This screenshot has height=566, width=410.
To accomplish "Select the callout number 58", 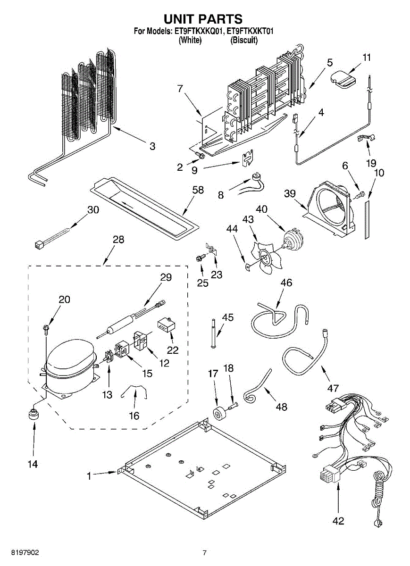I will click(198, 190).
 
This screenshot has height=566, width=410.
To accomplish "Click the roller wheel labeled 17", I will click(219, 413).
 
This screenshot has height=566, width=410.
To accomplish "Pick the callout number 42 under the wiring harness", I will click(338, 521).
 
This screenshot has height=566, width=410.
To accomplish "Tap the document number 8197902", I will click(19, 552).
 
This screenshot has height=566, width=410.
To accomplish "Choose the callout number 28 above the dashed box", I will click(118, 239).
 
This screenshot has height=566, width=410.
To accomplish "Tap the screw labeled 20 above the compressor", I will click(47, 327).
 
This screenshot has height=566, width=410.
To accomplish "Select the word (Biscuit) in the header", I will click(243, 41).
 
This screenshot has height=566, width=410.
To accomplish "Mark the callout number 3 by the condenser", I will click(152, 146).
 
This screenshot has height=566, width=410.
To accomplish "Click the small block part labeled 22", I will click(165, 325).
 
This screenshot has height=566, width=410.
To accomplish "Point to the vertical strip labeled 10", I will click(367, 220).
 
